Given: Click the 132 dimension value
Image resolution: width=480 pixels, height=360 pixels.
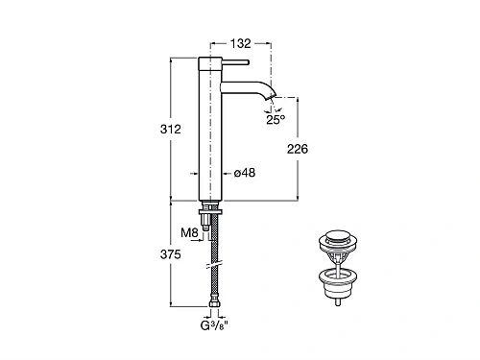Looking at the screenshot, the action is (241, 43).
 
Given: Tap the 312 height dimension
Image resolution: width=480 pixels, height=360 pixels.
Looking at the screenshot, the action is (171, 129).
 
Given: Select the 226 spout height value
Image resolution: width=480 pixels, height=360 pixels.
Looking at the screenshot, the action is (298, 149).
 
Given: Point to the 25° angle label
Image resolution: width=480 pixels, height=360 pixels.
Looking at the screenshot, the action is (276, 120).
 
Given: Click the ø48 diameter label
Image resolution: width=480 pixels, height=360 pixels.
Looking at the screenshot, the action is (245, 173).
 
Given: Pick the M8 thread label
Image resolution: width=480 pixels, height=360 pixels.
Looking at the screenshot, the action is (189, 232).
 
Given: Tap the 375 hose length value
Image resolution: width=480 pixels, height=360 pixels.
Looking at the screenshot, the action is (171, 254).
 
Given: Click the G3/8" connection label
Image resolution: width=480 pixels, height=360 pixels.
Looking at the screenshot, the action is (214, 325).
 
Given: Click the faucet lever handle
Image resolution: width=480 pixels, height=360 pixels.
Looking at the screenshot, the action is (235, 62).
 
